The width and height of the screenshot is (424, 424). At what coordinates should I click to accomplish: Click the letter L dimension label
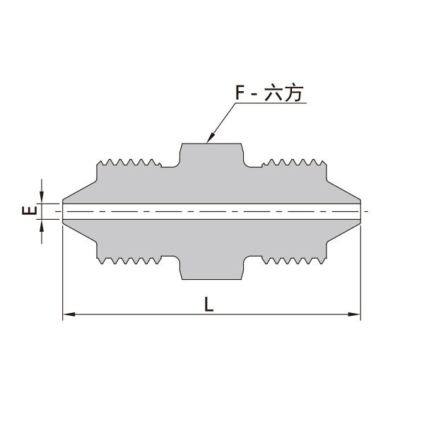coord(208,304)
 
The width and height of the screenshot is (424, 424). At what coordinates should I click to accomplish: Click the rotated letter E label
coord(30,210)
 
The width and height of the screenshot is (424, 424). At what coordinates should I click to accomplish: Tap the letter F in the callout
coord(240,93)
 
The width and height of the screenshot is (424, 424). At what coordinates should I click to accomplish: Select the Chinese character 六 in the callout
coord(273,93)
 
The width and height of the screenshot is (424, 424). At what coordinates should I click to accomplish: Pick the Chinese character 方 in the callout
coord(293,93)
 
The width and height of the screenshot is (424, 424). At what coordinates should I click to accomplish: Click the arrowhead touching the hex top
coord(210,138)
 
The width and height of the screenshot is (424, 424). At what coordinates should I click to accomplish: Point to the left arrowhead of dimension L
coord(69,314)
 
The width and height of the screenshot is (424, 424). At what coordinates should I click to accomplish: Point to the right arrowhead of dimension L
coord(354,314)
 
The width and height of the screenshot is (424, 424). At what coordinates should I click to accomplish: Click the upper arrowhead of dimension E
coord(42,197)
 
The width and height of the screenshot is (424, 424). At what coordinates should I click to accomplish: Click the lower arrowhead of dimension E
coord(42,226)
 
